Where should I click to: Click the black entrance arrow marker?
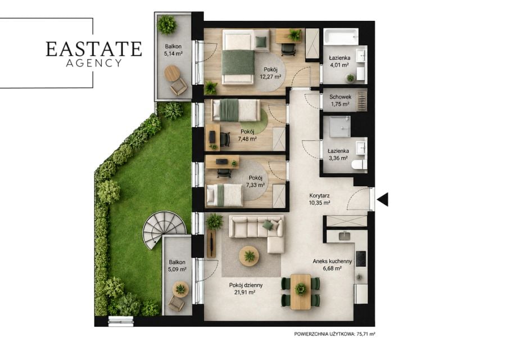[x=383, y=200]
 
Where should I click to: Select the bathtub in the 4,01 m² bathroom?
[x=341, y=37]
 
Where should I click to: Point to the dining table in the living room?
[x=301, y=291]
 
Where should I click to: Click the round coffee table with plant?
[x=249, y=256]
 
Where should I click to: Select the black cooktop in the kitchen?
[x=361, y=259]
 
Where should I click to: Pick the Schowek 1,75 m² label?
[x=340, y=101]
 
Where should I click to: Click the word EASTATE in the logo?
[x=94, y=49]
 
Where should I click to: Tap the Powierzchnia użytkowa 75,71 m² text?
[x=335, y=334]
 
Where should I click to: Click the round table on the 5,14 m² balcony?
[x=172, y=74]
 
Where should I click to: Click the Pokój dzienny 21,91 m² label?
[x=246, y=289]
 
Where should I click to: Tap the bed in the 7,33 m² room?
[x=225, y=195]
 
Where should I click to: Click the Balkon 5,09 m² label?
[x=177, y=265]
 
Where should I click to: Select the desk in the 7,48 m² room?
[x=212, y=137]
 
